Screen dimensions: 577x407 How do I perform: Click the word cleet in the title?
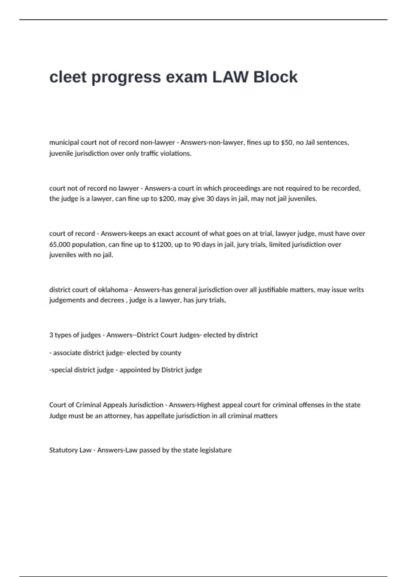(68, 77)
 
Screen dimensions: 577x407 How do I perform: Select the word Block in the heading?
(275, 77)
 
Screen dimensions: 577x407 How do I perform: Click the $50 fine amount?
(287, 143)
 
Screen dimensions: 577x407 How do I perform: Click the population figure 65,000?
(60, 244)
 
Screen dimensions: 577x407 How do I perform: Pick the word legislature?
(215, 450)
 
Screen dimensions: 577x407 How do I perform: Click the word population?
(89, 244)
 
